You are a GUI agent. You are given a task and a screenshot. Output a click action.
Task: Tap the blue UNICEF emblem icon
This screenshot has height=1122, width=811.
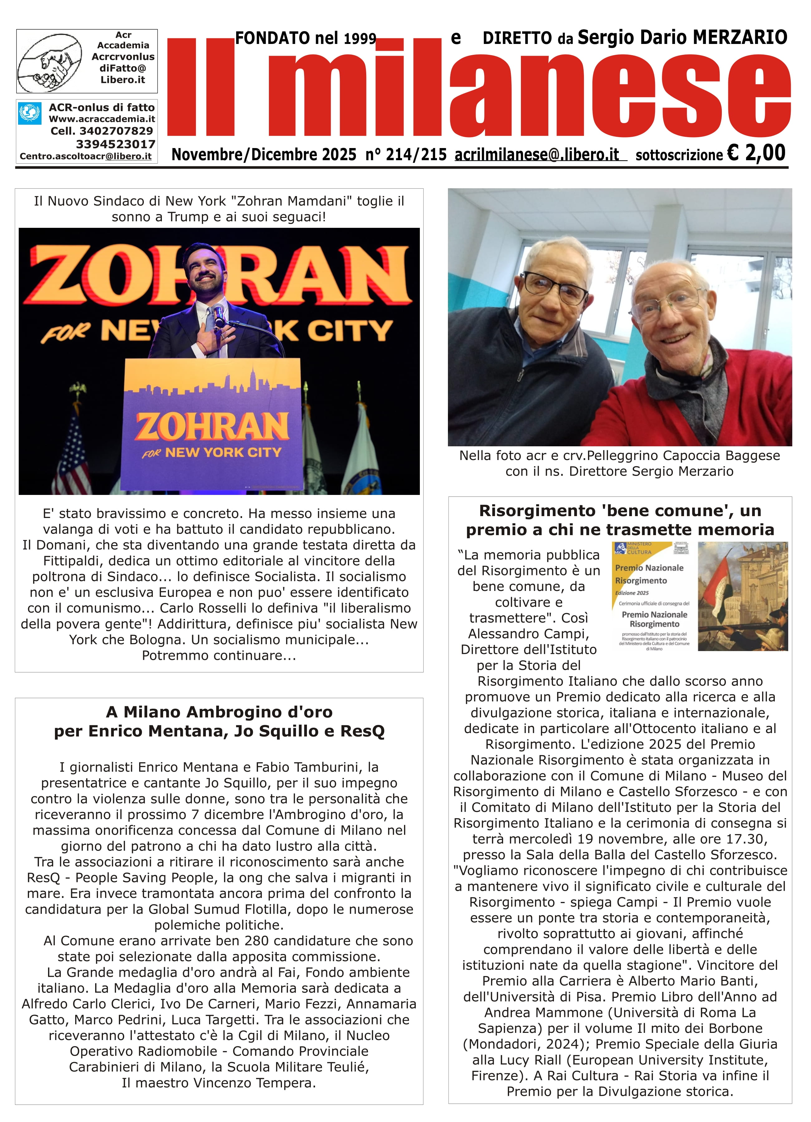pyautogui.click(x=30, y=113)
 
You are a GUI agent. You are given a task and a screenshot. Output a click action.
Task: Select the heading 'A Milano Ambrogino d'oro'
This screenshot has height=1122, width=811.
pyautogui.click(x=219, y=712)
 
